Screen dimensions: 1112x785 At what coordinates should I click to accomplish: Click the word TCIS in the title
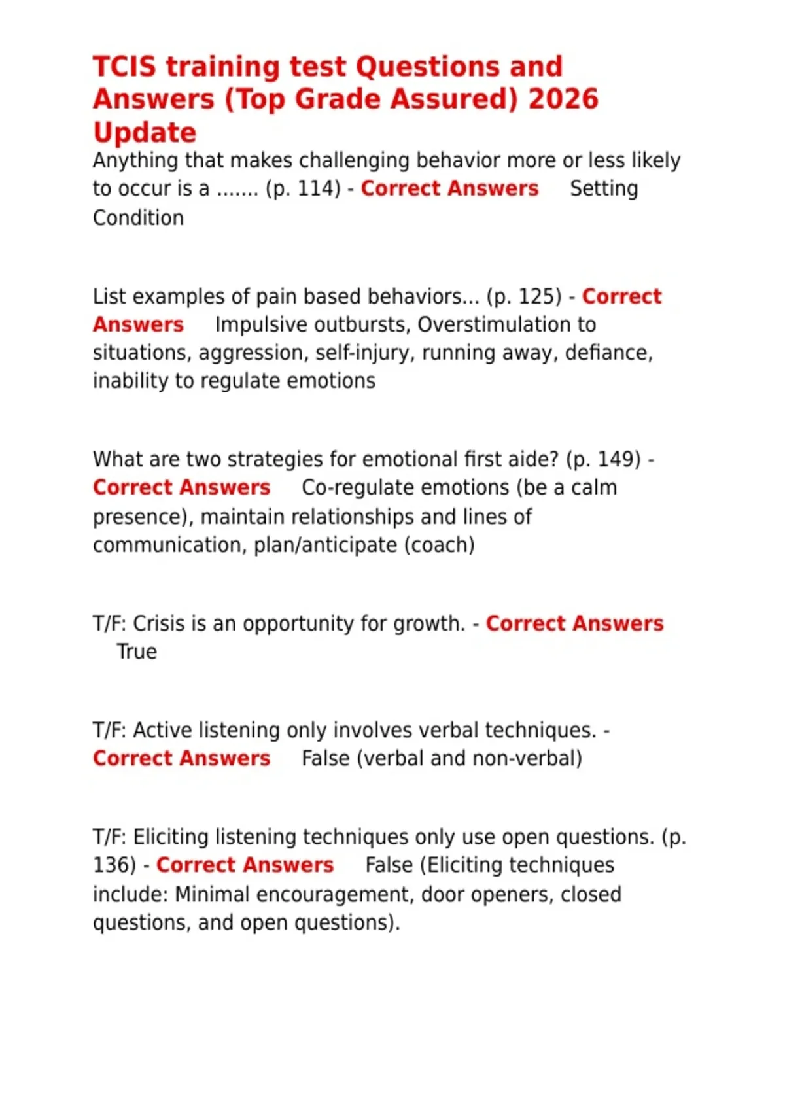click(x=124, y=67)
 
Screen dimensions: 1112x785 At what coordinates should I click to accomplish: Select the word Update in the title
click(x=145, y=133)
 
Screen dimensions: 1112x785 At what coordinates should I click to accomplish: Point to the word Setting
click(x=604, y=189)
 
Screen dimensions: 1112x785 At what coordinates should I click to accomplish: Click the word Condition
click(x=138, y=218)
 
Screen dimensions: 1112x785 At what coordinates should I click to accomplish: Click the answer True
click(x=137, y=652)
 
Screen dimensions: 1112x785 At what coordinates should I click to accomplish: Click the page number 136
click(x=114, y=865)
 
